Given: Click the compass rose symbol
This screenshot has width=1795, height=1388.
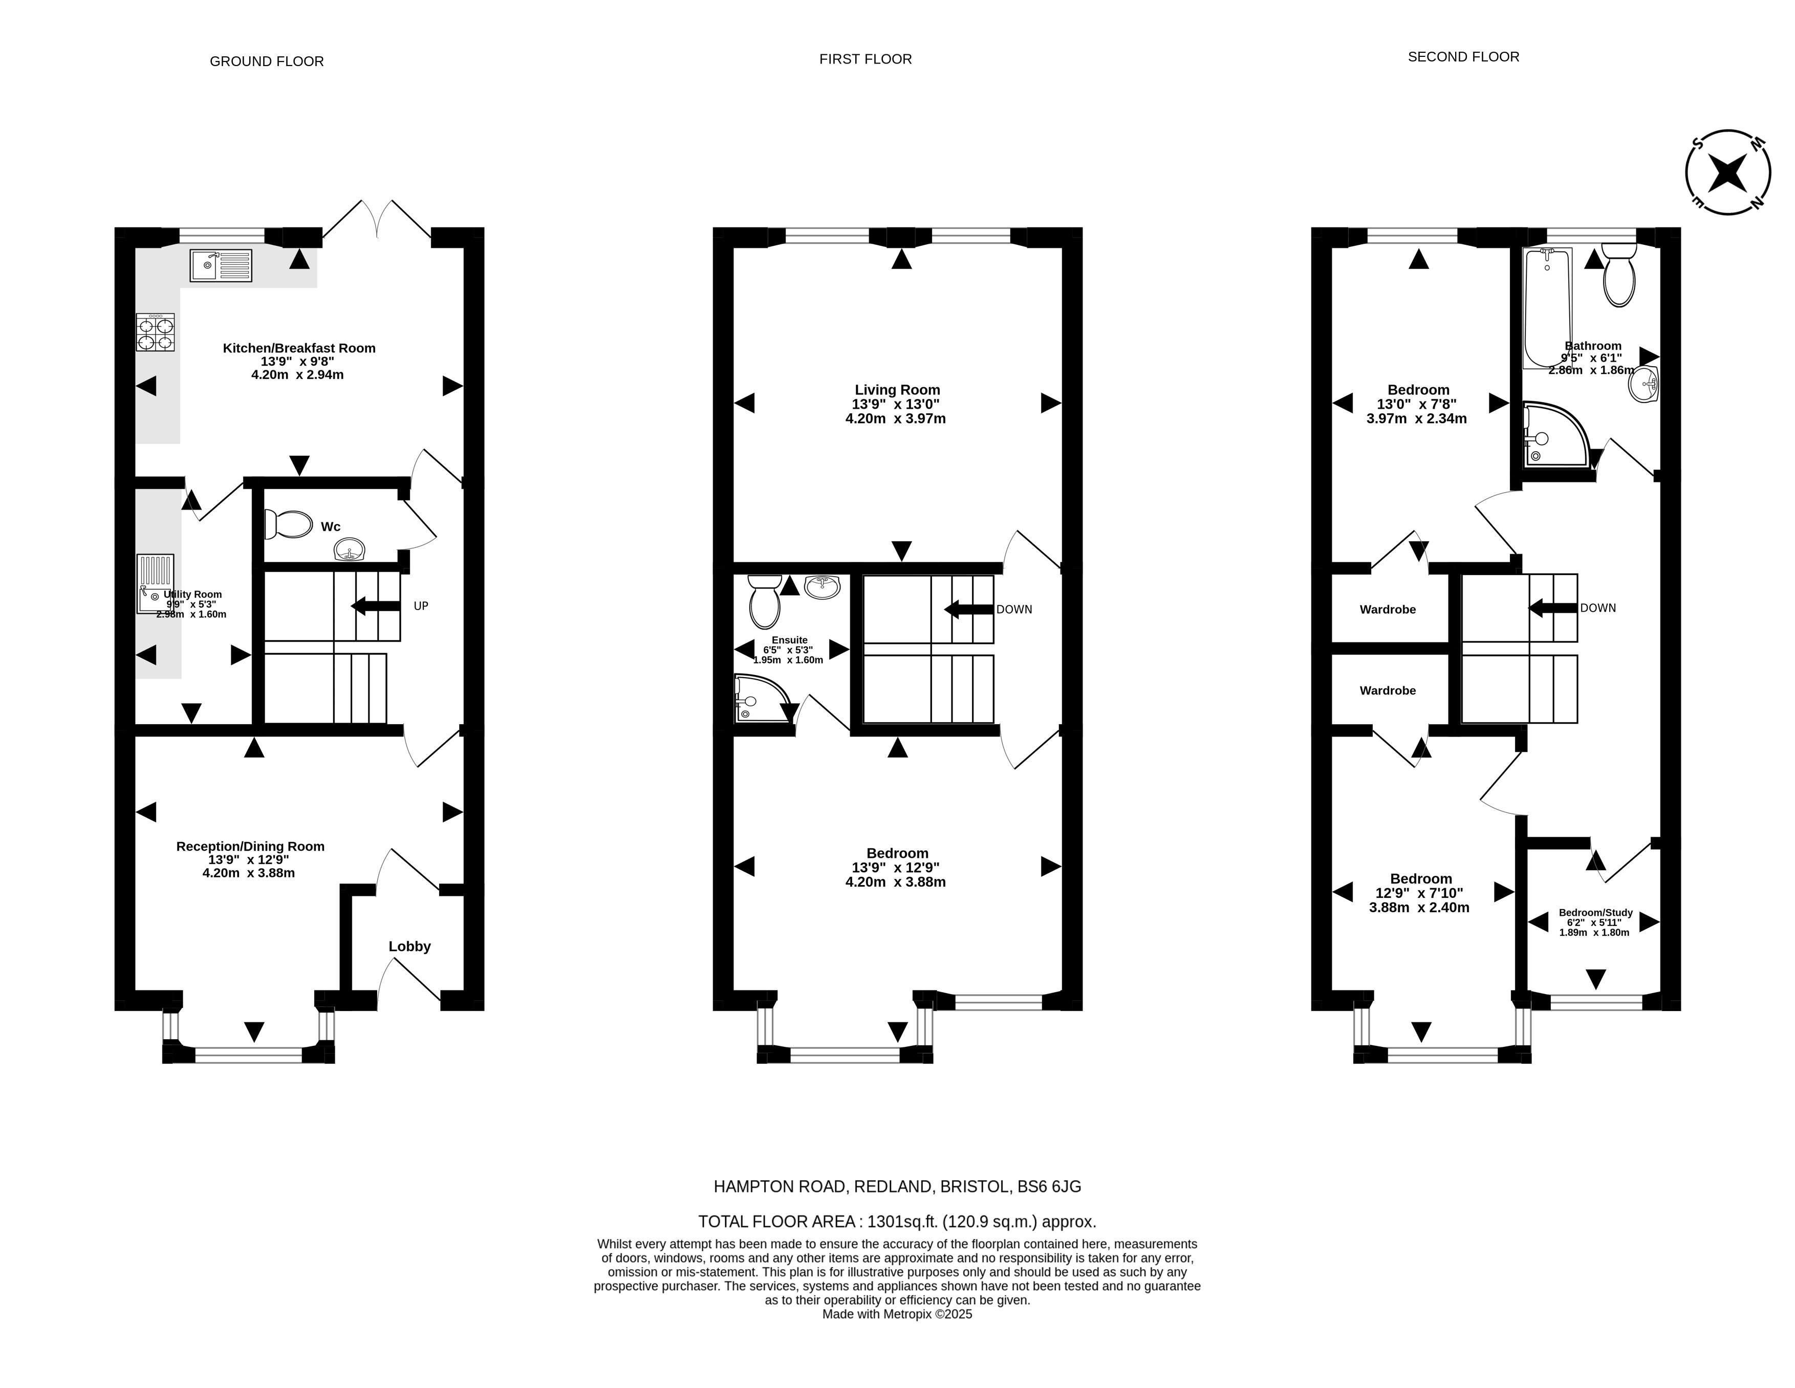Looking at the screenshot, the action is pos(1727,173).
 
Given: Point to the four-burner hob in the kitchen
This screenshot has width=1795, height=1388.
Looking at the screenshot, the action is pos(155,332).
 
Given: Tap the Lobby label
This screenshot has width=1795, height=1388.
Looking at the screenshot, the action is pos(409,947).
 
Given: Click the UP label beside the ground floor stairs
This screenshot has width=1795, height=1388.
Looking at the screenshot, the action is pos(421,606).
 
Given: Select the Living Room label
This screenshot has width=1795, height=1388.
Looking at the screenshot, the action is pos(897,390).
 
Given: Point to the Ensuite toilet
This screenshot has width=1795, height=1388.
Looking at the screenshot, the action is pos(764,601).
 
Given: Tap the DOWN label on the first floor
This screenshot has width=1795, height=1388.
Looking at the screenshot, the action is pos(1014,609).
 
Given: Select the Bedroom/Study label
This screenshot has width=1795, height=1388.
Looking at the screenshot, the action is pos(1595,913).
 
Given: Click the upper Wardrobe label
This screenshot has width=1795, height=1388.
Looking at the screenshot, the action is pos(1388,609).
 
